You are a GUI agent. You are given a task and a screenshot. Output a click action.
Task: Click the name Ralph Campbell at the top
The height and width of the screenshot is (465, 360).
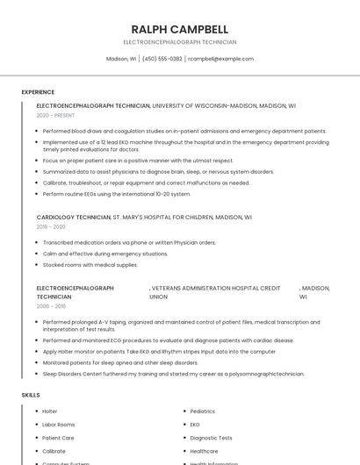(x=179, y=29)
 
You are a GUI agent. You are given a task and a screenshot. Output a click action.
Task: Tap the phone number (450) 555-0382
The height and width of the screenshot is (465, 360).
(x=162, y=59)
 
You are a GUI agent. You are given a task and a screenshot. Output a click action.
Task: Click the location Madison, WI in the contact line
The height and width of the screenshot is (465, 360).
(x=121, y=59)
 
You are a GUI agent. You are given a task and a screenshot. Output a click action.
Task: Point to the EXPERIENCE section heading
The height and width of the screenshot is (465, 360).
(x=38, y=92)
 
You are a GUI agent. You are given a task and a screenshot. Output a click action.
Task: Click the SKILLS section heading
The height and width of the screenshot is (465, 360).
(x=31, y=395)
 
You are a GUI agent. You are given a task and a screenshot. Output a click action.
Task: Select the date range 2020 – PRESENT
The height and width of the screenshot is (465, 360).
(x=55, y=115)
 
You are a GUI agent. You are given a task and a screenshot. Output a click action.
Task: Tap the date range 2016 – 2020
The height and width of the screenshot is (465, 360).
(x=51, y=226)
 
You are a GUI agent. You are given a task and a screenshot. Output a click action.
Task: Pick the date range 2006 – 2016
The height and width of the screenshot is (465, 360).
(x=51, y=306)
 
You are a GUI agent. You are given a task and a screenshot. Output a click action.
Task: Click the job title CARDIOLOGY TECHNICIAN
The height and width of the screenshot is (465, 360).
(x=74, y=217)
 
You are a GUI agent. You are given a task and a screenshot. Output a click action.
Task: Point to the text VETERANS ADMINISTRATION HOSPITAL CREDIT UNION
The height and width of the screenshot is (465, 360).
(x=215, y=292)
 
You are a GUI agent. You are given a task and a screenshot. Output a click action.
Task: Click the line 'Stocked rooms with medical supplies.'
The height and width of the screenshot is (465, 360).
(x=90, y=265)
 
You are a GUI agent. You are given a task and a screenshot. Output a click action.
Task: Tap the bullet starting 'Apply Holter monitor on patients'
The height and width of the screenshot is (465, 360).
(x=158, y=351)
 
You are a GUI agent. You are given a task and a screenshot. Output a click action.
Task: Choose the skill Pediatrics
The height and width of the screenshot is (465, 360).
(x=202, y=411)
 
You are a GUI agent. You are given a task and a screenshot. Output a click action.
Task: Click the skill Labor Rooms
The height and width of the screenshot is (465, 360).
(x=59, y=424)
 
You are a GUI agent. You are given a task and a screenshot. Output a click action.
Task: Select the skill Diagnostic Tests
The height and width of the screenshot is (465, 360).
(x=211, y=437)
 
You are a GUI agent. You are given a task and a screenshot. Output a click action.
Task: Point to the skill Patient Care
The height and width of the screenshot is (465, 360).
(x=58, y=437)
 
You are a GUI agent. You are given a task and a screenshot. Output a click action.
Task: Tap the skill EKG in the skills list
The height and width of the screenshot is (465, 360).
(x=195, y=424)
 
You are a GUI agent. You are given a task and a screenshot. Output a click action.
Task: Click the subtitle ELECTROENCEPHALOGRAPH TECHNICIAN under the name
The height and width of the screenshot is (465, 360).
(x=179, y=42)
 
